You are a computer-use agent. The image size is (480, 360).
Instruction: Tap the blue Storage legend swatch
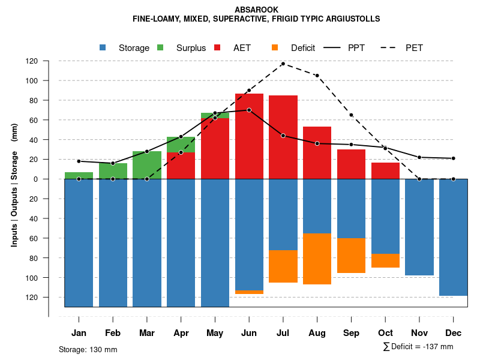(x=103, y=47)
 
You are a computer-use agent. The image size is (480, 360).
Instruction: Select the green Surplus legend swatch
(x=160, y=47)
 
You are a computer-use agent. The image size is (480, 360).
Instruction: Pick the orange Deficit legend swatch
(x=275, y=47)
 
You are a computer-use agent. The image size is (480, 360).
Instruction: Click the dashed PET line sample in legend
(x=392, y=47)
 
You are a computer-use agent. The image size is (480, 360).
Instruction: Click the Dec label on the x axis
(x=454, y=333)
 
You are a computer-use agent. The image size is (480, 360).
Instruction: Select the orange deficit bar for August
(x=317, y=259)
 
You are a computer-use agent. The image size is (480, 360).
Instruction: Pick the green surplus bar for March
(x=147, y=165)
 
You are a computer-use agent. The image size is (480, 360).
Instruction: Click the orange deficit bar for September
(x=352, y=256)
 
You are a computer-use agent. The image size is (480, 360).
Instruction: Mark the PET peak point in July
(x=283, y=64)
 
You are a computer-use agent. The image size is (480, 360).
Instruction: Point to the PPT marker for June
(x=249, y=110)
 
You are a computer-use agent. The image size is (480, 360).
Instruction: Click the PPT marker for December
(x=454, y=158)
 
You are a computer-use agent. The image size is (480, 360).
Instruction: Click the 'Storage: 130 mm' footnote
(x=88, y=349)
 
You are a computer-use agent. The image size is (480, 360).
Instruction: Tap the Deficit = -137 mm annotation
(x=418, y=347)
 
